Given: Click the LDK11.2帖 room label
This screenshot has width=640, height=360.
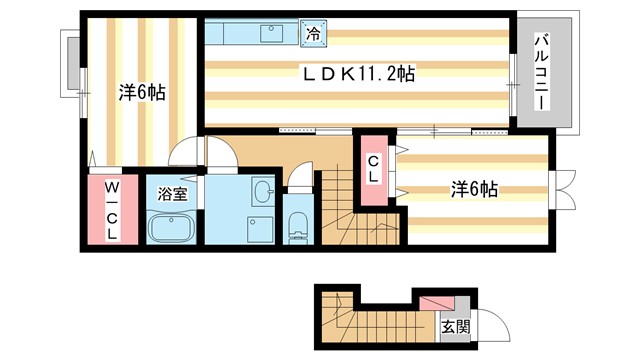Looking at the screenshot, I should click(360, 73).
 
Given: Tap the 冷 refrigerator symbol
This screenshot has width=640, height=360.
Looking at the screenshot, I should click(313, 34).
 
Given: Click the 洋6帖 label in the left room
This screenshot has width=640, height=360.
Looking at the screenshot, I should click(142, 92).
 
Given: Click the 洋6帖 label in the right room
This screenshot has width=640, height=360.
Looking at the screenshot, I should click(474, 188).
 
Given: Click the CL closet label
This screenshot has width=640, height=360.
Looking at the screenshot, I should click(373, 171).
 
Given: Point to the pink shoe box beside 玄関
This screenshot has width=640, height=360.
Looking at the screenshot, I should click(435, 301).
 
